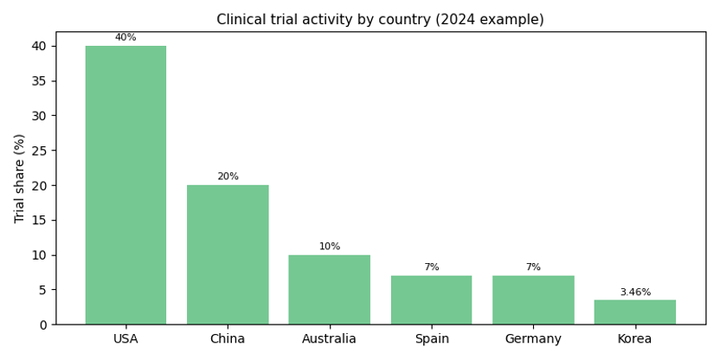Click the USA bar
pos(125,185)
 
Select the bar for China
pos(228,254)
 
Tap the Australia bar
pos(330,289)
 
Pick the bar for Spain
pos(431,299)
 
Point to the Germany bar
pos(533,299)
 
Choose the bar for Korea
pos(635,312)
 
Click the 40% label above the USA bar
pos(125,37)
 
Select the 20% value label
pos(228,177)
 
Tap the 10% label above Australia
pos(330,247)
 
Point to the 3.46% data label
pos(635,292)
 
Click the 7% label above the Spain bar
pos(431,267)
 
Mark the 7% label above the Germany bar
pos(533,267)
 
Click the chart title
pos(380,19)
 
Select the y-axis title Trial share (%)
pos(20,178)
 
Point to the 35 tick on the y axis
pos(39,81)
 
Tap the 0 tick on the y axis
pos(42,325)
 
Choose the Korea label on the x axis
pos(635,338)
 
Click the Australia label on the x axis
pos(330,338)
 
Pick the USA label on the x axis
pos(125,338)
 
